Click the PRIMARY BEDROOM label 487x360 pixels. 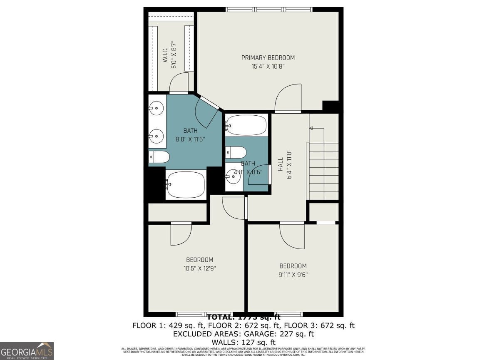coord(268,58)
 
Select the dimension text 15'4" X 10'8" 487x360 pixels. coord(268,66)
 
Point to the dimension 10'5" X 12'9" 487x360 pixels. coord(199,268)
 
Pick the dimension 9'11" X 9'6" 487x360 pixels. coord(293,274)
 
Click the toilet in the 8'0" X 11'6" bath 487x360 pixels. coord(159,157)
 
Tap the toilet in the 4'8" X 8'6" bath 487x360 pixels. coord(236,152)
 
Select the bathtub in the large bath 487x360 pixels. coord(186,185)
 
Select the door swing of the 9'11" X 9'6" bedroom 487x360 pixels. coord(293,236)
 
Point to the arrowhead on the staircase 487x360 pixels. coord(311,128)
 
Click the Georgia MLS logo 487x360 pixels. coord(27,351)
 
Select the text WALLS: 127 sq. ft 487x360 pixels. coord(243,342)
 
